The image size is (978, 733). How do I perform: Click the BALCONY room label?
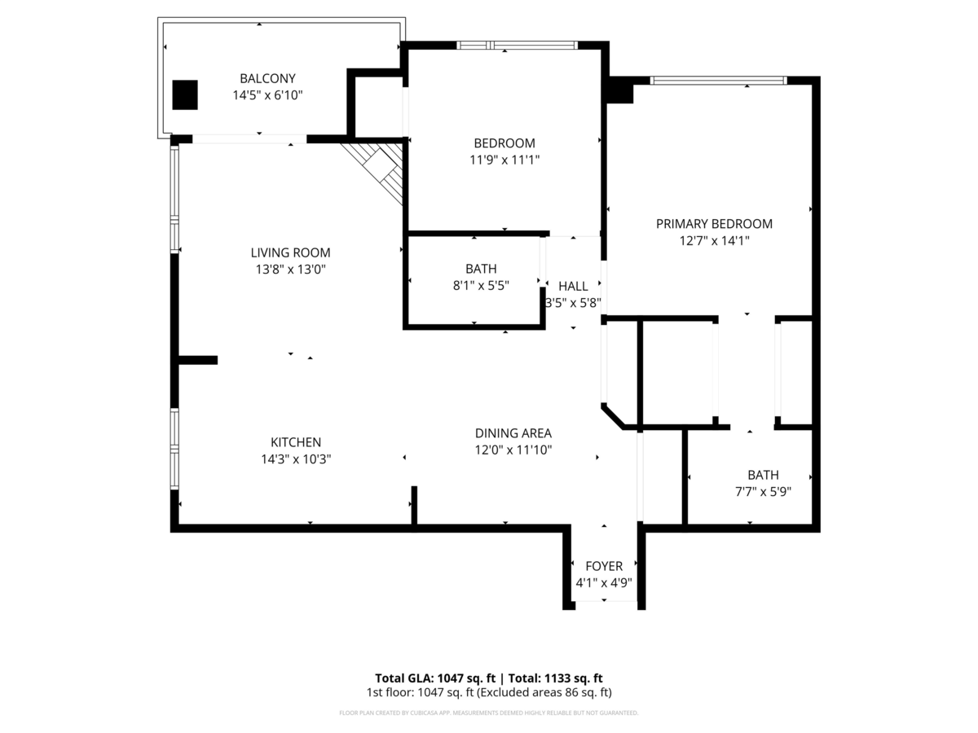pos(267,78)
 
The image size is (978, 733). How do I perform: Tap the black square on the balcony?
pos(185,94)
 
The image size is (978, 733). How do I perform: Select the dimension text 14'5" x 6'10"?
pos(267,95)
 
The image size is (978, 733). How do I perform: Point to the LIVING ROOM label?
pos(290,252)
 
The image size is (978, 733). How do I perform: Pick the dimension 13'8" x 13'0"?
pos(290,270)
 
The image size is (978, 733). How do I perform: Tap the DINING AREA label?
pos(513,433)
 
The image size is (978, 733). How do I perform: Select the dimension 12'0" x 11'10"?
pos(513,450)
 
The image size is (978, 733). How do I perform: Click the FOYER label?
pos(604,566)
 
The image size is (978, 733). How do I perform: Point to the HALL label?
pos(573,286)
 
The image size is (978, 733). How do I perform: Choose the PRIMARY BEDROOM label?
pos(714,224)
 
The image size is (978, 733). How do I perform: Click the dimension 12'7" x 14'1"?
pos(714,241)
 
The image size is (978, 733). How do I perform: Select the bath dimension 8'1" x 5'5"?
pos(481,285)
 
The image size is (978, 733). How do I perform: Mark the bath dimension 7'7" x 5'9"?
pos(763,492)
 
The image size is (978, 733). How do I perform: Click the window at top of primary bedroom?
pos(718,81)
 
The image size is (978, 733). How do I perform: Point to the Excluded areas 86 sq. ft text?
pos(544,692)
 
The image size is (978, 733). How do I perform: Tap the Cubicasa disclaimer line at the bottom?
pos(489,713)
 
